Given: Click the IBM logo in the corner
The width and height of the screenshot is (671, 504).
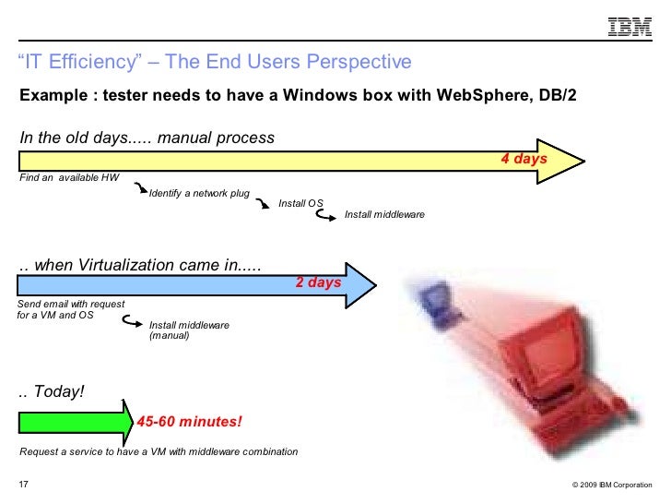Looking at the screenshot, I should (x=626, y=29).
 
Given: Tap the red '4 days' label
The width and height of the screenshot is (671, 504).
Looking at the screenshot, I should (x=524, y=160).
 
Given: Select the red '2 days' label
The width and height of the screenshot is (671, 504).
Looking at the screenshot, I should (x=318, y=282).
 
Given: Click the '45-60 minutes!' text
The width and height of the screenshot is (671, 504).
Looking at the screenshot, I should (x=190, y=422).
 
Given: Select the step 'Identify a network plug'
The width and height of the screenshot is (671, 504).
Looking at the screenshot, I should (x=199, y=194).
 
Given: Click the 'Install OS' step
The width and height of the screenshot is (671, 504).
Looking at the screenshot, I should (x=300, y=203).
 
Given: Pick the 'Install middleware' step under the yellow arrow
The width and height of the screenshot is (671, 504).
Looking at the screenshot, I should (x=384, y=214).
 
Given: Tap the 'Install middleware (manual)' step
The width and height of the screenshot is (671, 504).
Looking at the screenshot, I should (x=189, y=330).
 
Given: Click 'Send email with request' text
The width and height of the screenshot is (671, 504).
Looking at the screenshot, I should (x=72, y=304).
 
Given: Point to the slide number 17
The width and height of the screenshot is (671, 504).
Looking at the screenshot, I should (x=24, y=484).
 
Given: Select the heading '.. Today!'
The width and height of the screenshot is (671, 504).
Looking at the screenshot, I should (x=52, y=391).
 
